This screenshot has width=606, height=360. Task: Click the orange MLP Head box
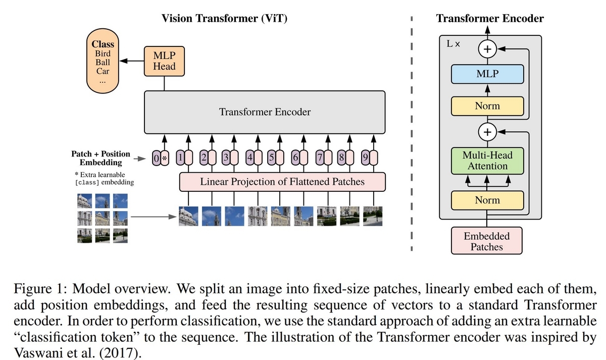coord(164,61)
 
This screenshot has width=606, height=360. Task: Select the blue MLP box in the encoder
coord(487,74)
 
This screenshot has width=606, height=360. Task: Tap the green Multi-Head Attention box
coord(487,161)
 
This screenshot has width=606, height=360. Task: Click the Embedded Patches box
coord(486,241)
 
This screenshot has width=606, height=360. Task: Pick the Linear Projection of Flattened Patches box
coord(282,182)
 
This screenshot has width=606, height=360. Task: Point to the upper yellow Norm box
coord(487,106)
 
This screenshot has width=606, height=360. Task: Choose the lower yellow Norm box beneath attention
coord(487,200)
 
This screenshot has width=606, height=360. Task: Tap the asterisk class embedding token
coord(165,158)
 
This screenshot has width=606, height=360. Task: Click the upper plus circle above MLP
coord(487,49)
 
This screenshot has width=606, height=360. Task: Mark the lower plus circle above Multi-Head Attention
coord(487,132)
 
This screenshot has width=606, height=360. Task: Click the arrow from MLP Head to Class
coord(132,61)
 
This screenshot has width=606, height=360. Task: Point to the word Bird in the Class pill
coord(103,54)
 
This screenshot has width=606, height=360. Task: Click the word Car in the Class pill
coord(103,71)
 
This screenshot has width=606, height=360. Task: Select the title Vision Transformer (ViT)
coord(224,18)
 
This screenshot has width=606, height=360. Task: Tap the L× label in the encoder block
coord(453,43)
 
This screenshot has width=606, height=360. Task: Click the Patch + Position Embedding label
coord(100,158)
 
